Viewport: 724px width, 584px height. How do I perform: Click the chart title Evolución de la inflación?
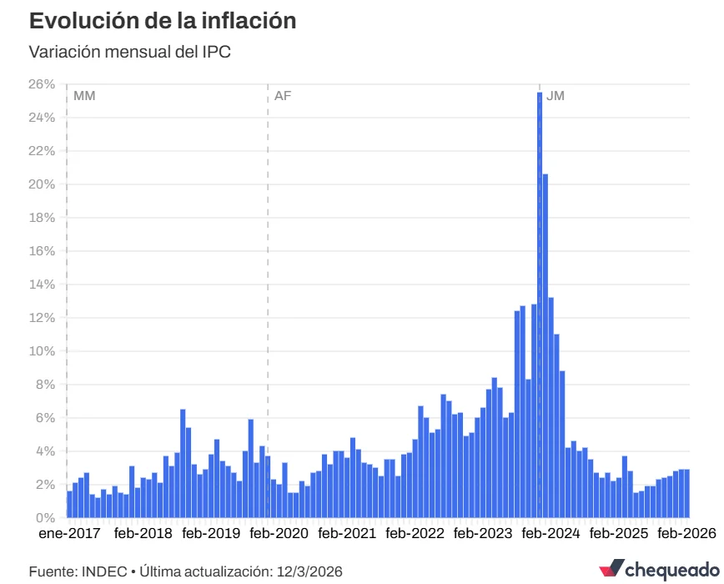point(163,21)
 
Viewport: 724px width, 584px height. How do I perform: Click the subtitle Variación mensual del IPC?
point(129,52)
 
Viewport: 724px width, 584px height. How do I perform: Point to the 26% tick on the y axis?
point(41,84)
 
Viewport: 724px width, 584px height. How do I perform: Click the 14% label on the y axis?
point(41,284)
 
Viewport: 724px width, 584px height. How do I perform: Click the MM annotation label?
point(84,96)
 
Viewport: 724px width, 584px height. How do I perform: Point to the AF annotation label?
point(283,96)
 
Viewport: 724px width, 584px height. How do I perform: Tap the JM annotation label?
point(555,96)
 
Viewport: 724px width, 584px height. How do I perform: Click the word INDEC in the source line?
point(104,571)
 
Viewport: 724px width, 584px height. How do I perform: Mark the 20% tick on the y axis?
point(41,184)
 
